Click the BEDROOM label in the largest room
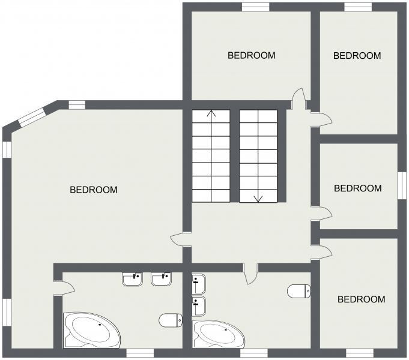(x=94, y=190)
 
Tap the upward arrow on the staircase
(x=211, y=114)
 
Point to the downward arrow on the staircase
(x=258, y=197)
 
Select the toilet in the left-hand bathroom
(x=171, y=320)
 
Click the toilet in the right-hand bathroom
(x=299, y=292)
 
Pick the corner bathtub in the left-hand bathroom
(x=91, y=329)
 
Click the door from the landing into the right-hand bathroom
(x=251, y=274)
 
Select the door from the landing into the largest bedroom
(x=179, y=240)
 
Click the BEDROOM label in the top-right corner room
(x=357, y=55)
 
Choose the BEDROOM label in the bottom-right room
(x=361, y=299)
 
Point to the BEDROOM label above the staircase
(x=251, y=55)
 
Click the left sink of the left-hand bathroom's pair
(x=132, y=279)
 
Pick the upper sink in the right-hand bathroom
(x=199, y=282)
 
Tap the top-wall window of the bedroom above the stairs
(x=255, y=7)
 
